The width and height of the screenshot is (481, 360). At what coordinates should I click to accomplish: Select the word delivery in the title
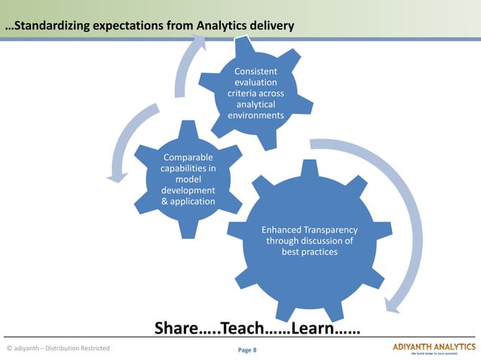tap(273, 28)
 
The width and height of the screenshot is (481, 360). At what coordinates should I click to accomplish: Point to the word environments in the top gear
tap(256, 116)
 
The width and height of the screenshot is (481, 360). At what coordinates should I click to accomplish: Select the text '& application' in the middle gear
tap(188, 201)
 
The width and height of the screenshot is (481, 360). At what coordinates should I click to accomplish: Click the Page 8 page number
tap(247, 350)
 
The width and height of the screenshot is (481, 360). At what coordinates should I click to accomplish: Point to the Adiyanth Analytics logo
tap(434, 348)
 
